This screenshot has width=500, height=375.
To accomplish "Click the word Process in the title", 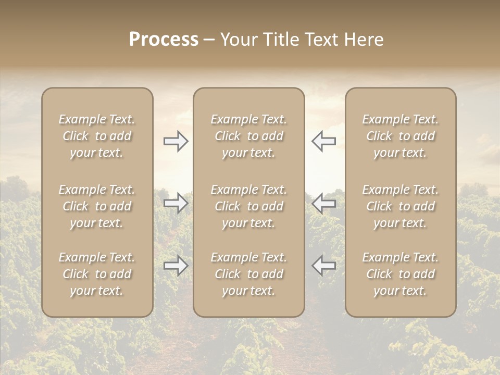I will pyautogui.click(x=164, y=40).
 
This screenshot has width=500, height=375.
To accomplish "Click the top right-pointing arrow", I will pyautogui.click(x=176, y=141).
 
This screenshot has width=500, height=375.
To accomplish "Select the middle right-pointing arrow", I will pyautogui.click(x=176, y=203).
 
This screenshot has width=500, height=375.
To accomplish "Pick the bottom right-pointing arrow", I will pyautogui.click(x=176, y=266).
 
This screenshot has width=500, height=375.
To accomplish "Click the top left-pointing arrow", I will pyautogui.click(x=323, y=141).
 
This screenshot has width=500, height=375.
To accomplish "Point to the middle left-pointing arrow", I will pyautogui.click(x=323, y=203).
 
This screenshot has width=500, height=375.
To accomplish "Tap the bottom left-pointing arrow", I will pyautogui.click(x=323, y=266).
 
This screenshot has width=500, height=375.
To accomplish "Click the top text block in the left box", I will pyautogui.click(x=97, y=136).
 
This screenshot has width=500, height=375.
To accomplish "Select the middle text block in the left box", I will pyautogui.click(x=97, y=206).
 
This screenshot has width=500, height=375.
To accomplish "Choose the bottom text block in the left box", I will pyautogui.click(x=97, y=274).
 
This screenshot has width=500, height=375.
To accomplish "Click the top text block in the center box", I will pyautogui.click(x=248, y=136).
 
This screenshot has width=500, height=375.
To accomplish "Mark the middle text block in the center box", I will pyautogui.click(x=248, y=206).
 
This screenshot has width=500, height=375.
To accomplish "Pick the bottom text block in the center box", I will pyautogui.click(x=248, y=274).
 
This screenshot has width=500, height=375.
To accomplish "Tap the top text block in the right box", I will pyautogui.click(x=400, y=136).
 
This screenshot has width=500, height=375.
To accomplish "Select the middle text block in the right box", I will pyautogui.click(x=400, y=206).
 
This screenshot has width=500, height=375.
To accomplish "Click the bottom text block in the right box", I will pyautogui.click(x=400, y=274).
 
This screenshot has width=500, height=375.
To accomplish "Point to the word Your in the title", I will pyautogui.click(x=239, y=40).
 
